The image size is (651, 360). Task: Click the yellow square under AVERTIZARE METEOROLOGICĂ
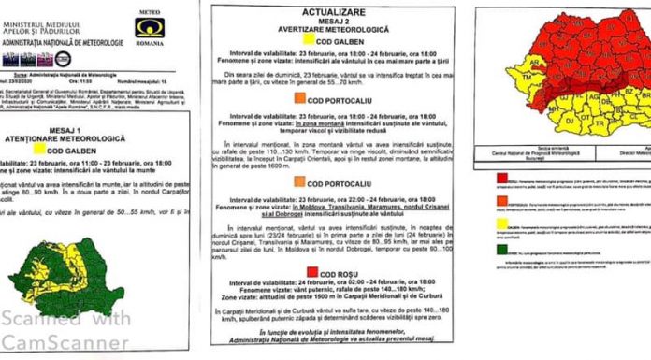coord(296,44)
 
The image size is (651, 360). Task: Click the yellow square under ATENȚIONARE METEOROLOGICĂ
coord(39,149)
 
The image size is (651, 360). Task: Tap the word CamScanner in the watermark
coord(70,343)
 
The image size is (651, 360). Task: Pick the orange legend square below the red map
coord(503,201)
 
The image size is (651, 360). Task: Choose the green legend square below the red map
coord(503,249)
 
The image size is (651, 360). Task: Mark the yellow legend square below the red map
coord(503,225)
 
